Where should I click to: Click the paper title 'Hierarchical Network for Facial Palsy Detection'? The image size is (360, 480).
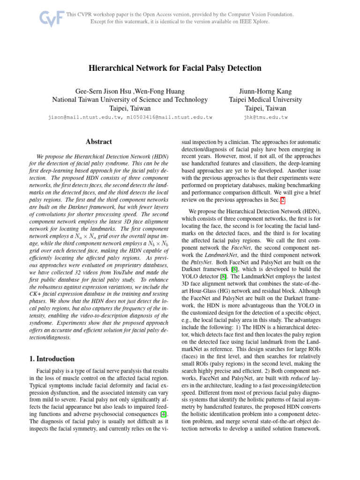[x=175, y=68]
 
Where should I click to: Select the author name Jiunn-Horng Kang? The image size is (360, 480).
[x=265, y=91]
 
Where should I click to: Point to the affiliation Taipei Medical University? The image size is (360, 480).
[x=265, y=99]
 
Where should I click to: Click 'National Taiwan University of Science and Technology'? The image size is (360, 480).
[x=130, y=99]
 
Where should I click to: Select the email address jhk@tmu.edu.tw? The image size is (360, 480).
[x=266, y=117]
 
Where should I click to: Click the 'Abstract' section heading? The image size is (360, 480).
[x=99, y=141]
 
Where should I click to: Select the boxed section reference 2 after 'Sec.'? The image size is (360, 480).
[x=282, y=200]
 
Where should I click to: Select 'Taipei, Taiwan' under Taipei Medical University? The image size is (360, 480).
[x=265, y=108]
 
